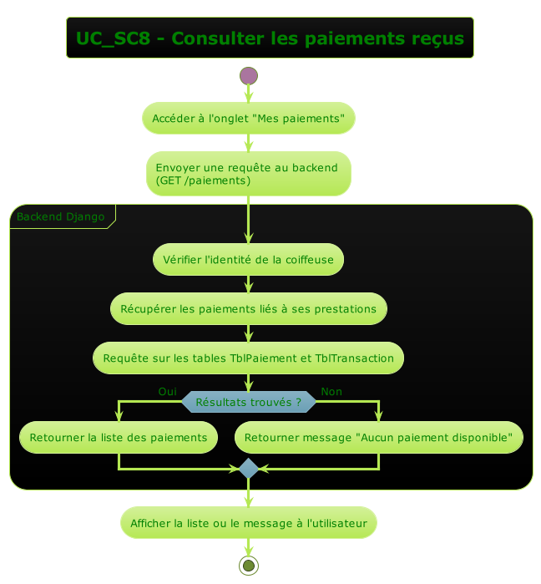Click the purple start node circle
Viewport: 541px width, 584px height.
coord(249,76)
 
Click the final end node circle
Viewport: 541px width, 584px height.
coord(249,566)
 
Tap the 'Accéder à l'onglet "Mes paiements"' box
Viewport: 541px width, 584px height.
coord(249,119)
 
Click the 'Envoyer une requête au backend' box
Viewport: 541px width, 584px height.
coord(249,174)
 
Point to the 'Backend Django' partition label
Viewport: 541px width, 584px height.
coord(61,217)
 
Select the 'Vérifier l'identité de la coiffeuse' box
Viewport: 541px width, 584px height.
coord(249,260)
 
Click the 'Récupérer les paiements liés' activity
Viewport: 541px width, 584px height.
coord(249,309)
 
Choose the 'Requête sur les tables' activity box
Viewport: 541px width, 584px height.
coord(249,358)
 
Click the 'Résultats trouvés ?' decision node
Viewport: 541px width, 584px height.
coord(249,403)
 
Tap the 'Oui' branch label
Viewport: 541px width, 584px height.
coord(167,392)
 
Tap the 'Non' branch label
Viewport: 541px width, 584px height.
coord(331,392)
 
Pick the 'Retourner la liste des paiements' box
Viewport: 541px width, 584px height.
coord(119,438)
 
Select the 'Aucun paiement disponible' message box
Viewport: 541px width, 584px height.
coord(379,438)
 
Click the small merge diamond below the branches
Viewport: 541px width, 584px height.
coord(249,469)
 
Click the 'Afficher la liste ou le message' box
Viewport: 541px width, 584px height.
coord(249,523)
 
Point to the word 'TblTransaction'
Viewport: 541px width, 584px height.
coord(355,358)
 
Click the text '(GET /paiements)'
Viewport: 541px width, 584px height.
coord(203,180)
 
